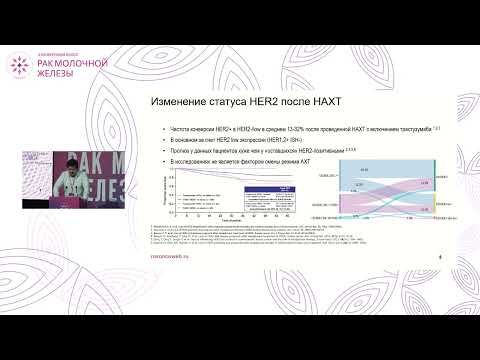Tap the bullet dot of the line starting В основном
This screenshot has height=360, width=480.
[x=151, y=140]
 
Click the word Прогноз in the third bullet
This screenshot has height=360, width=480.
[x=164, y=150]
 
